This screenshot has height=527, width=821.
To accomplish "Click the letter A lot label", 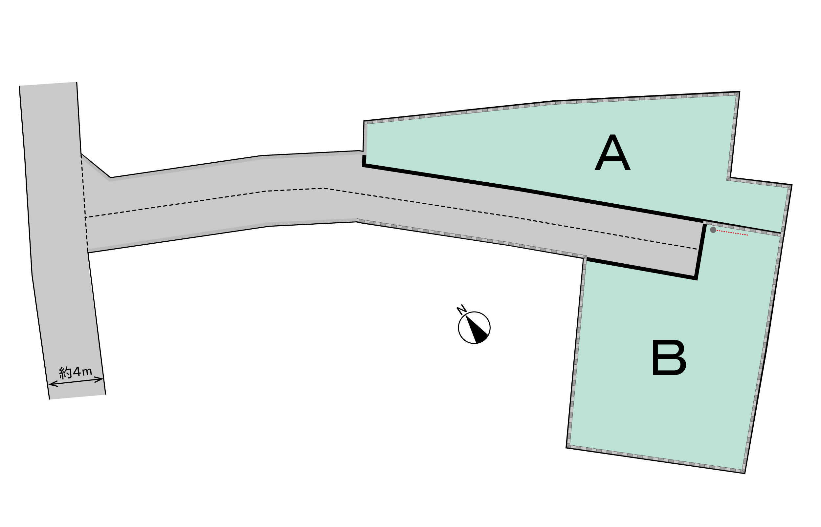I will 612,152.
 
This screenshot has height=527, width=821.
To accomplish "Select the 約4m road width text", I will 76,372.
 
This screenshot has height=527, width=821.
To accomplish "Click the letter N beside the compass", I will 461,309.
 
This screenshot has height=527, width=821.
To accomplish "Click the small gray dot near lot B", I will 713,230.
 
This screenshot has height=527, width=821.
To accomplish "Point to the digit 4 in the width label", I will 77,372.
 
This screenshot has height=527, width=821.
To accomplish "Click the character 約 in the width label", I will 65,373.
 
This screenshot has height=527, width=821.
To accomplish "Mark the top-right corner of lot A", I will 739,92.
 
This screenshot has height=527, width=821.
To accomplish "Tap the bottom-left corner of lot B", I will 566,448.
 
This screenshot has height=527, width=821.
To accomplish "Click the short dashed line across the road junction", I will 84,202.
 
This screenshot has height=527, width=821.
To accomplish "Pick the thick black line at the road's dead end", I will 700,252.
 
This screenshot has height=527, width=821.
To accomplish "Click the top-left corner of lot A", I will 364,121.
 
